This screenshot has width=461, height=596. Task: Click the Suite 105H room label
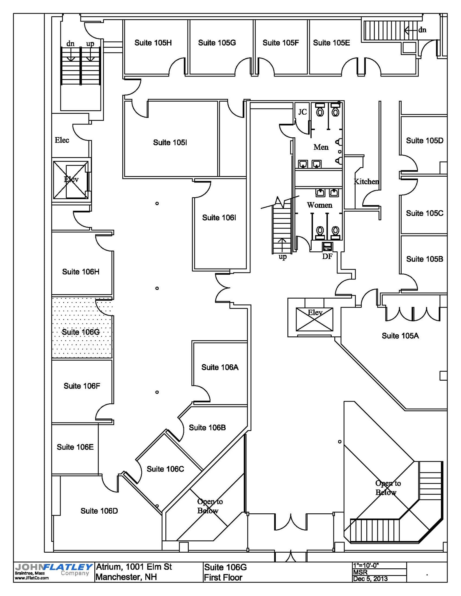pos(153,43)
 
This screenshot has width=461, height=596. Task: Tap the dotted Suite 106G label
pos(81,332)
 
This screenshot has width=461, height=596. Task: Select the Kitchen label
pos(366,182)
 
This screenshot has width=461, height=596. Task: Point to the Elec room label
pos(62,140)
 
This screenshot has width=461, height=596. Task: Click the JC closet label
pos(303,112)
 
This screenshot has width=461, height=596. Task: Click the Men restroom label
pos(321,147)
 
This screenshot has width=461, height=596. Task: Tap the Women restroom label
pos(319,205)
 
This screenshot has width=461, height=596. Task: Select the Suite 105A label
pos(400,336)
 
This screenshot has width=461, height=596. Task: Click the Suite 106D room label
pos(99,511)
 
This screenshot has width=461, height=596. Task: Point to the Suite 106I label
pos(219,218)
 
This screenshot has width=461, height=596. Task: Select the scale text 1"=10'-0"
pos(366,565)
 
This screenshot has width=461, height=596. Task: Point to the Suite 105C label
pos(425,213)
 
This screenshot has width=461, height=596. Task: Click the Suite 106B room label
pos(207,428)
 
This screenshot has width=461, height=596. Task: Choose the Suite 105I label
pos(170,142)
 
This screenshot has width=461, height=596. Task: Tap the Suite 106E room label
pos(75,447)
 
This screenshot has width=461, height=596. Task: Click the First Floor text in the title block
pos(223,577)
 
